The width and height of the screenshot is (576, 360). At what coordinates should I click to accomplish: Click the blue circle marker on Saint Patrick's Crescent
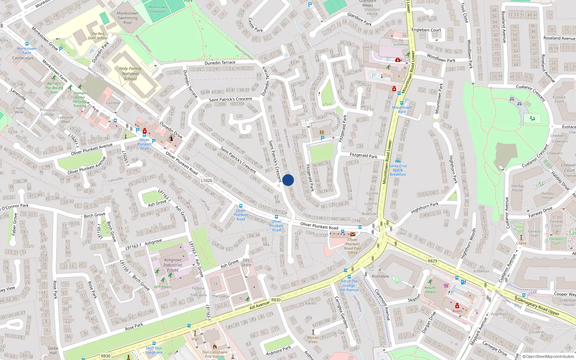[x=288, y=180]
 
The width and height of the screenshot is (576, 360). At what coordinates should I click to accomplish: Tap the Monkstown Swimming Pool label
[x=127, y=18]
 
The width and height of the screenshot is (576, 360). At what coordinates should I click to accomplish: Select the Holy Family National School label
[x=130, y=73]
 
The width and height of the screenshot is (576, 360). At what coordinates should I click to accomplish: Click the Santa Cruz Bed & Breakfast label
[x=398, y=170]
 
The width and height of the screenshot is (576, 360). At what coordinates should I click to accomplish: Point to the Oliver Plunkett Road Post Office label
[x=352, y=246]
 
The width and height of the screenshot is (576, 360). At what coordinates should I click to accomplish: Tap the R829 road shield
[x=432, y=261]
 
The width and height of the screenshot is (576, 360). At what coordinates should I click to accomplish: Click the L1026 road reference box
[x=207, y=180]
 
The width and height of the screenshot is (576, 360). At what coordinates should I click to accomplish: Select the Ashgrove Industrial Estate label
[x=173, y=265]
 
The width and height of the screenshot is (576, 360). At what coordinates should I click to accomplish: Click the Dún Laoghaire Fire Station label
[x=215, y=354]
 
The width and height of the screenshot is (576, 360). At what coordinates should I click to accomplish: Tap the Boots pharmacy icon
[x=457, y=306]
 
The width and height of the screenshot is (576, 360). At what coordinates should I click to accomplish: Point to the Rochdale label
[x=381, y=276]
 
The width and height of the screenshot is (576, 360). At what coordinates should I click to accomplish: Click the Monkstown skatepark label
[x=158, y=9]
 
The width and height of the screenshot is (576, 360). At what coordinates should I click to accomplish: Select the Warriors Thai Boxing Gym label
[x=54, y=88]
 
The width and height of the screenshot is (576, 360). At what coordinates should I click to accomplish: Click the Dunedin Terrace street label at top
[x=220, y=63]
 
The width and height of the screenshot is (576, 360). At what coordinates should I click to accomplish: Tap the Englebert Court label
[x=426, y=30]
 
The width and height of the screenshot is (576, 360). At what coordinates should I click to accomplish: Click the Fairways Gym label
[x=557, y=241]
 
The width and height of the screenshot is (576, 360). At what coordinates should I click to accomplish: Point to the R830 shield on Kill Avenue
[x=276, y=300]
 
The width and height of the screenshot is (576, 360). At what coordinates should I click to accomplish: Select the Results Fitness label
[x=430, y=289]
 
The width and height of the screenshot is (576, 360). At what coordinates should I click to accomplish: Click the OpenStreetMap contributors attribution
[x=550, y=356]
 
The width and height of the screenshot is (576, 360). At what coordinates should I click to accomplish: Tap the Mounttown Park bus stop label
[x=402, y=109]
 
